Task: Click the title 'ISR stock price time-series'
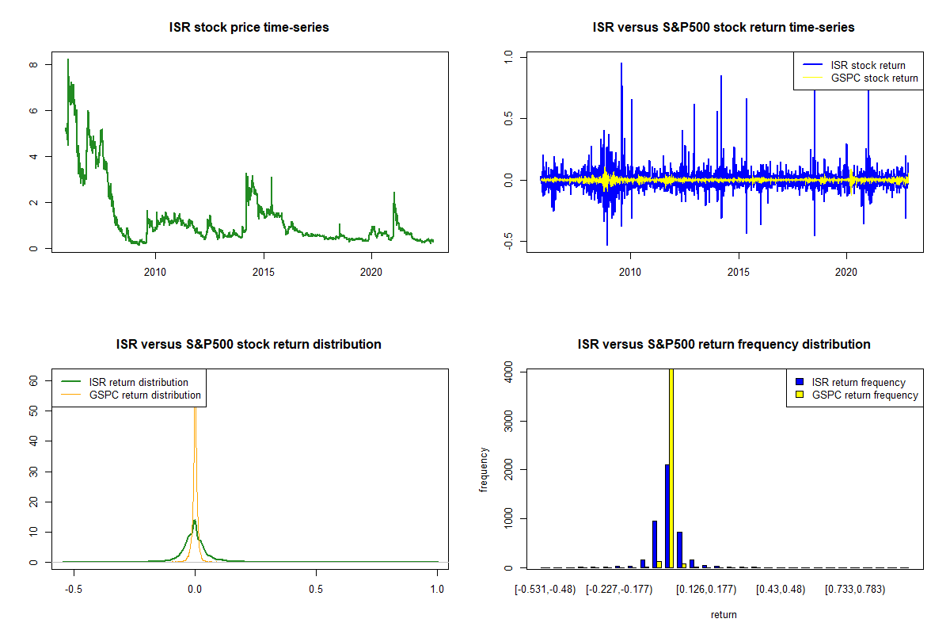[249, 28]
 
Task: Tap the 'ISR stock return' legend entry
[868, 65]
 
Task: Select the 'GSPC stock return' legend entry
[874, 78]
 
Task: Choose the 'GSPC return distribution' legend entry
[145, 395]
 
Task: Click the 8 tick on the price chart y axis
[32, 64]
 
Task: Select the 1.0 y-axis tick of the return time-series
[508, 57]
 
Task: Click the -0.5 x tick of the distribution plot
[74, 590]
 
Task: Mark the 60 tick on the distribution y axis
[33, 380]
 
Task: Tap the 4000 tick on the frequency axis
[508, 371]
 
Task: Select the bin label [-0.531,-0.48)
[545, 590]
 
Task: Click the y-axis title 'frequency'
[484, 470]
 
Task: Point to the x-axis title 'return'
[724, 614]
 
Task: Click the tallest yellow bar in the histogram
[672, 468]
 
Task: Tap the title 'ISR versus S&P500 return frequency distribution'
[724, 345]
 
